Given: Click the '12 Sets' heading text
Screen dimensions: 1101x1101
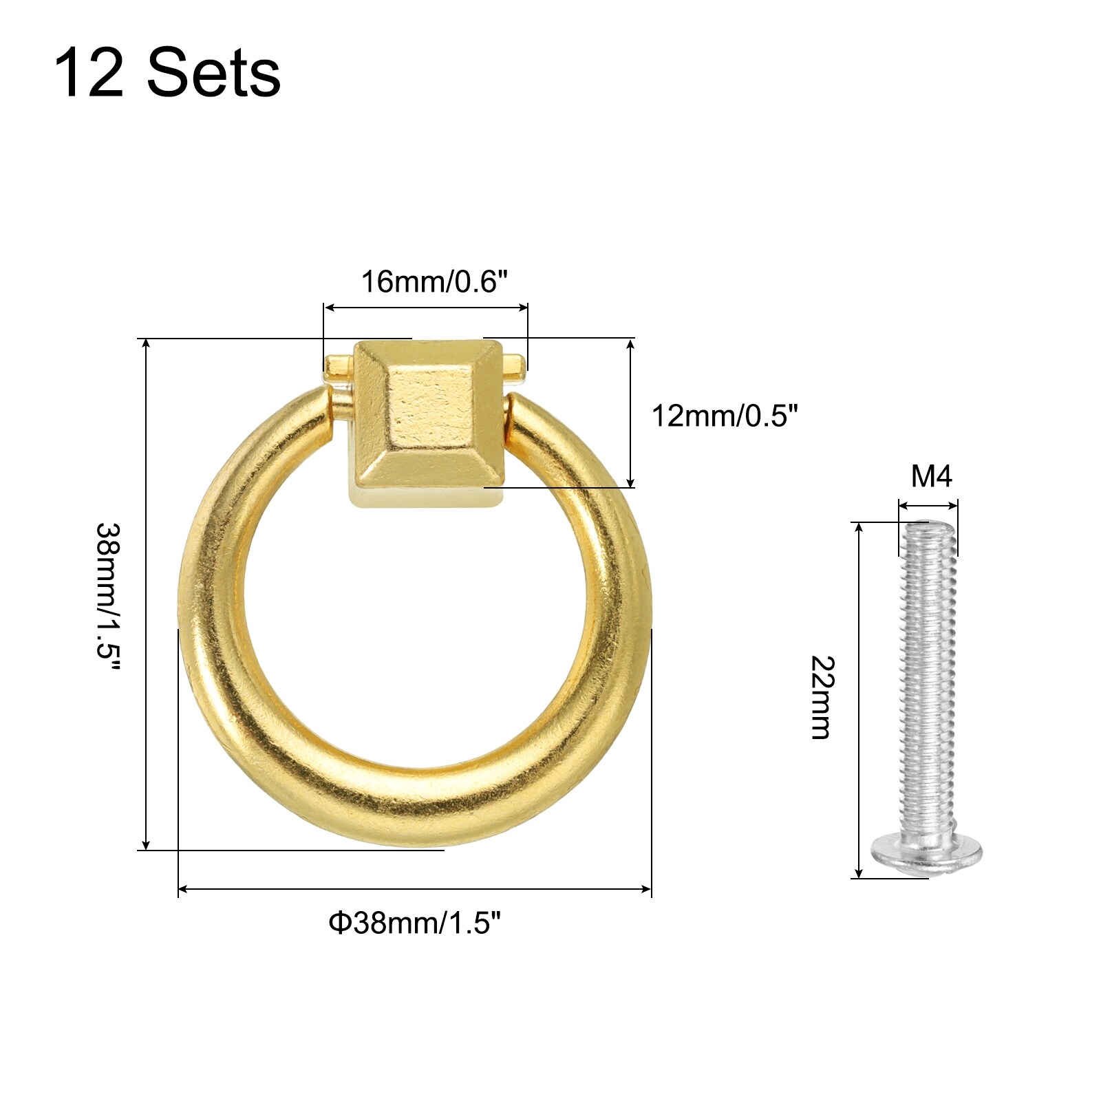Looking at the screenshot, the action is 167,73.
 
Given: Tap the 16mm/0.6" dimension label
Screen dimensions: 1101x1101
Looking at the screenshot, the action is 434,281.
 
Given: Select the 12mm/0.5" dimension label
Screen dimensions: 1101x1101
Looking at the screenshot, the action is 725,416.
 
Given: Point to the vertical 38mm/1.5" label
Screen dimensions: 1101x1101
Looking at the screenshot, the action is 108,598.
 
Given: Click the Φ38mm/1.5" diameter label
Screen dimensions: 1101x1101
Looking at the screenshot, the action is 415,923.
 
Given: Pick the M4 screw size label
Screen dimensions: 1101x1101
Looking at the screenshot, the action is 932,476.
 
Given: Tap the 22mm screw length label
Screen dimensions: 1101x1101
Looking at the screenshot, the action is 822,698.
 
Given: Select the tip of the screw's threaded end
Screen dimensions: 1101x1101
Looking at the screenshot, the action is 928,524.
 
